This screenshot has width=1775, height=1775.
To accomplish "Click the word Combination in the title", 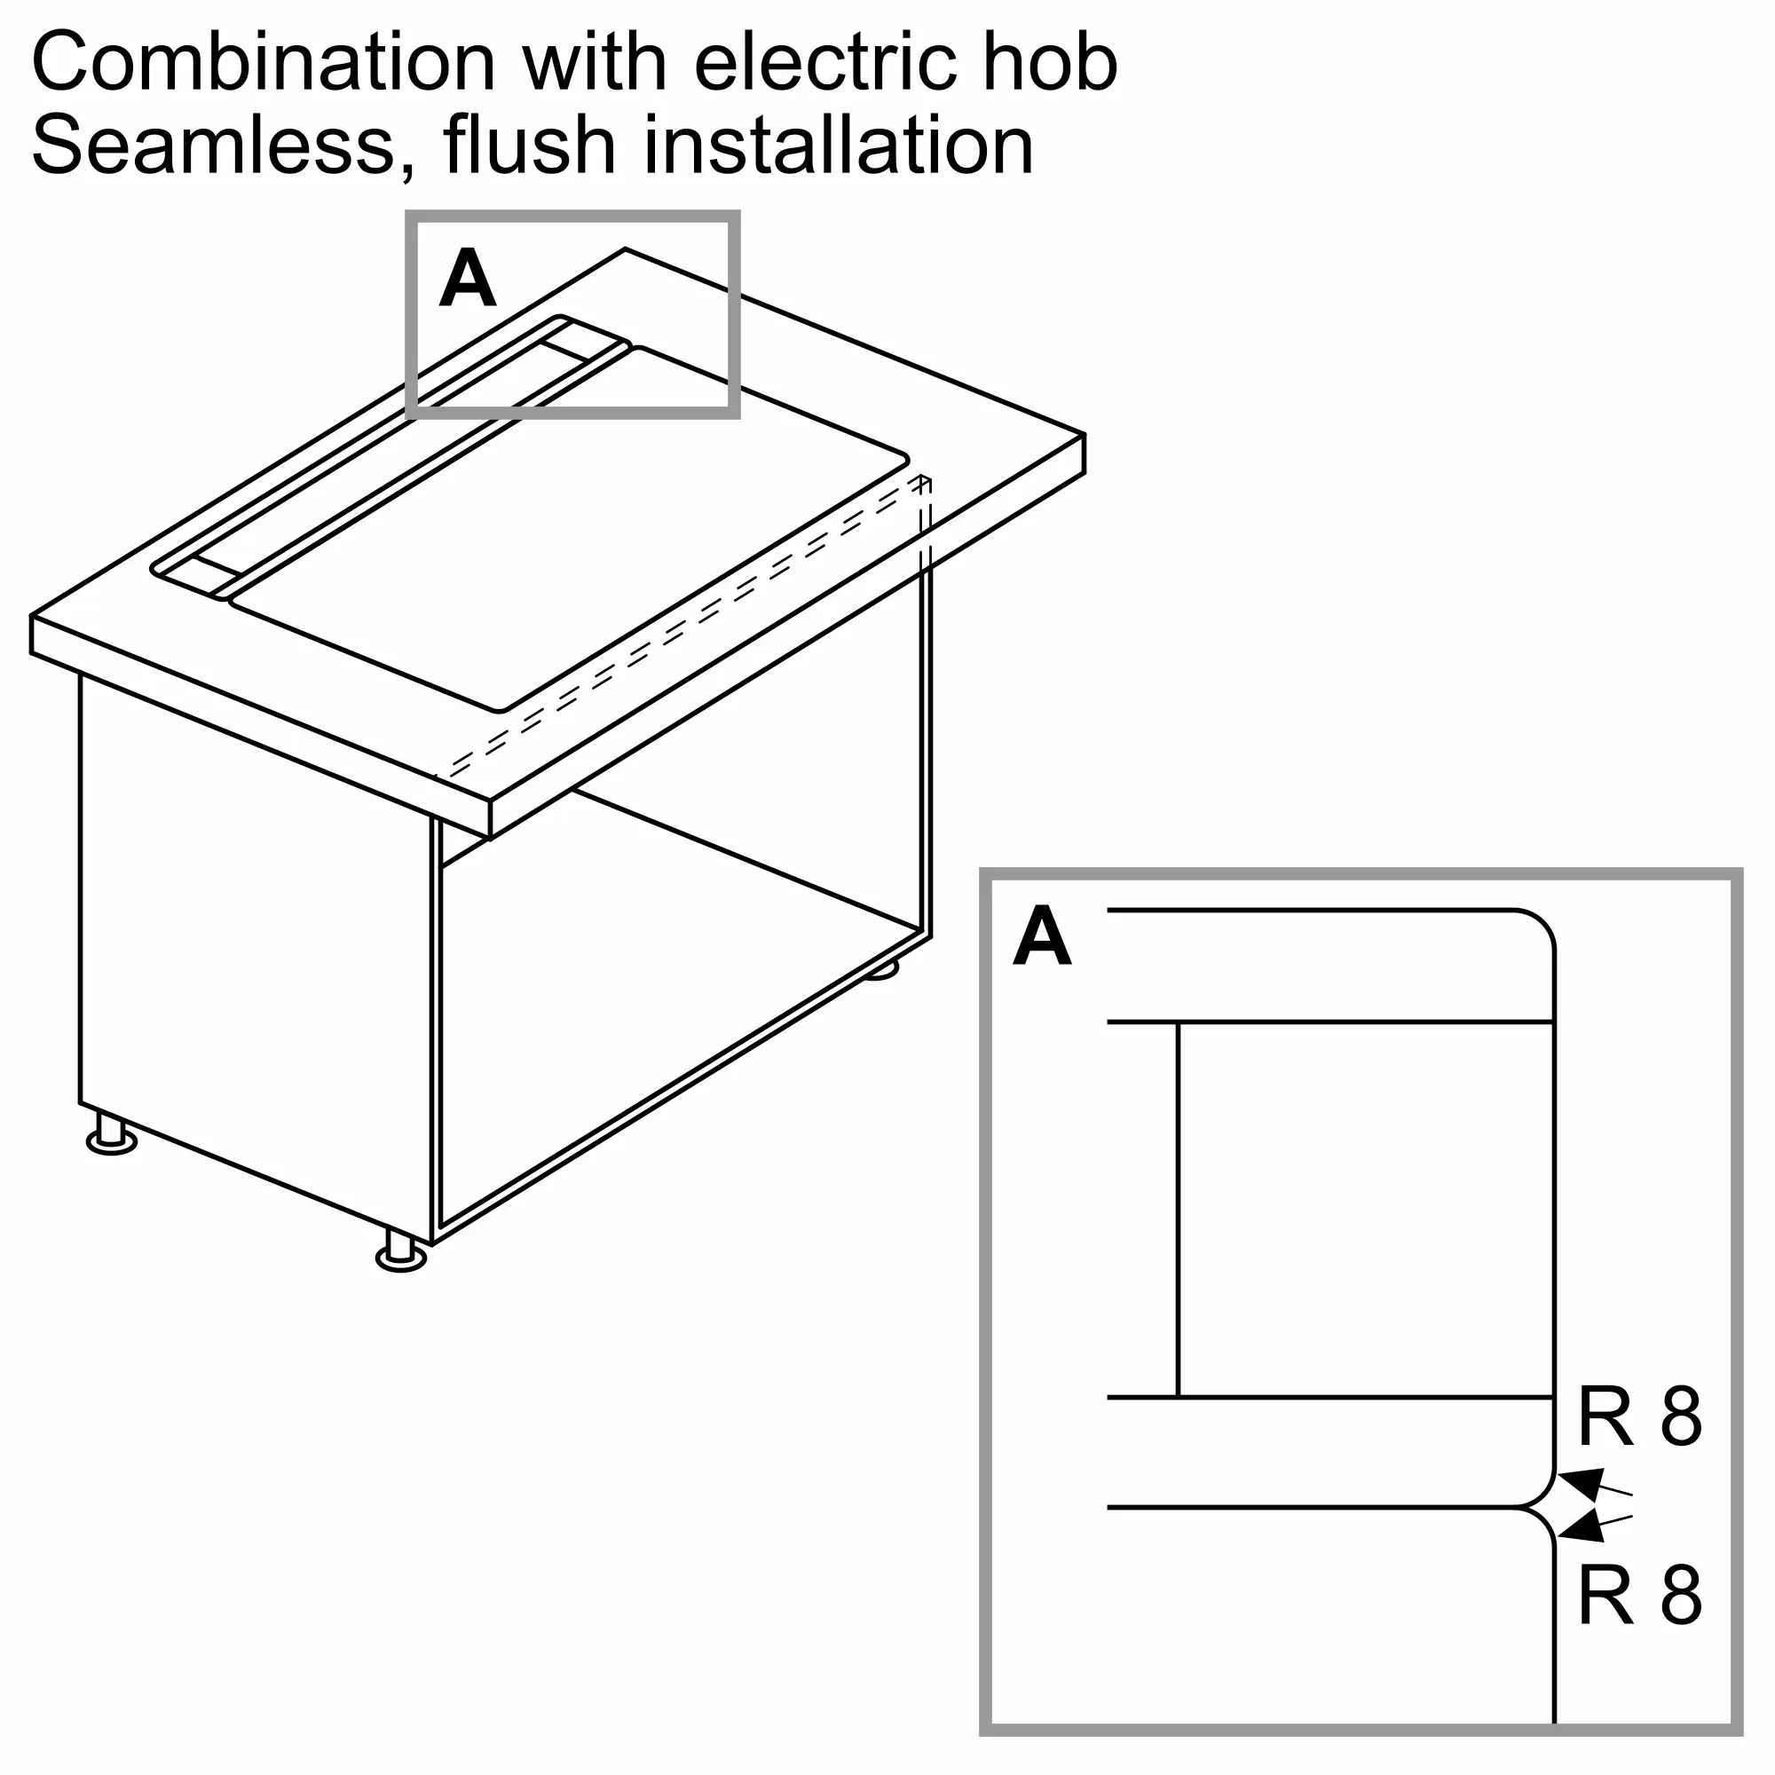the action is pos(264,61).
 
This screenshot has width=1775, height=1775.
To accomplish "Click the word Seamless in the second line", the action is pos(213,146).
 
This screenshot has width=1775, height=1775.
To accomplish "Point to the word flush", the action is pos(528,145).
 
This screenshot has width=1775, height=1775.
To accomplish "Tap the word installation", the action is pos(838,145).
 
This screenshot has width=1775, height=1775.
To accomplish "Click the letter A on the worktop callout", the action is pos(468,279).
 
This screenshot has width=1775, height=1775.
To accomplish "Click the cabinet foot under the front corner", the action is pos(401,1252).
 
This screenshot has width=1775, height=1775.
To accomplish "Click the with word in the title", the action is pos(595,61).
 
